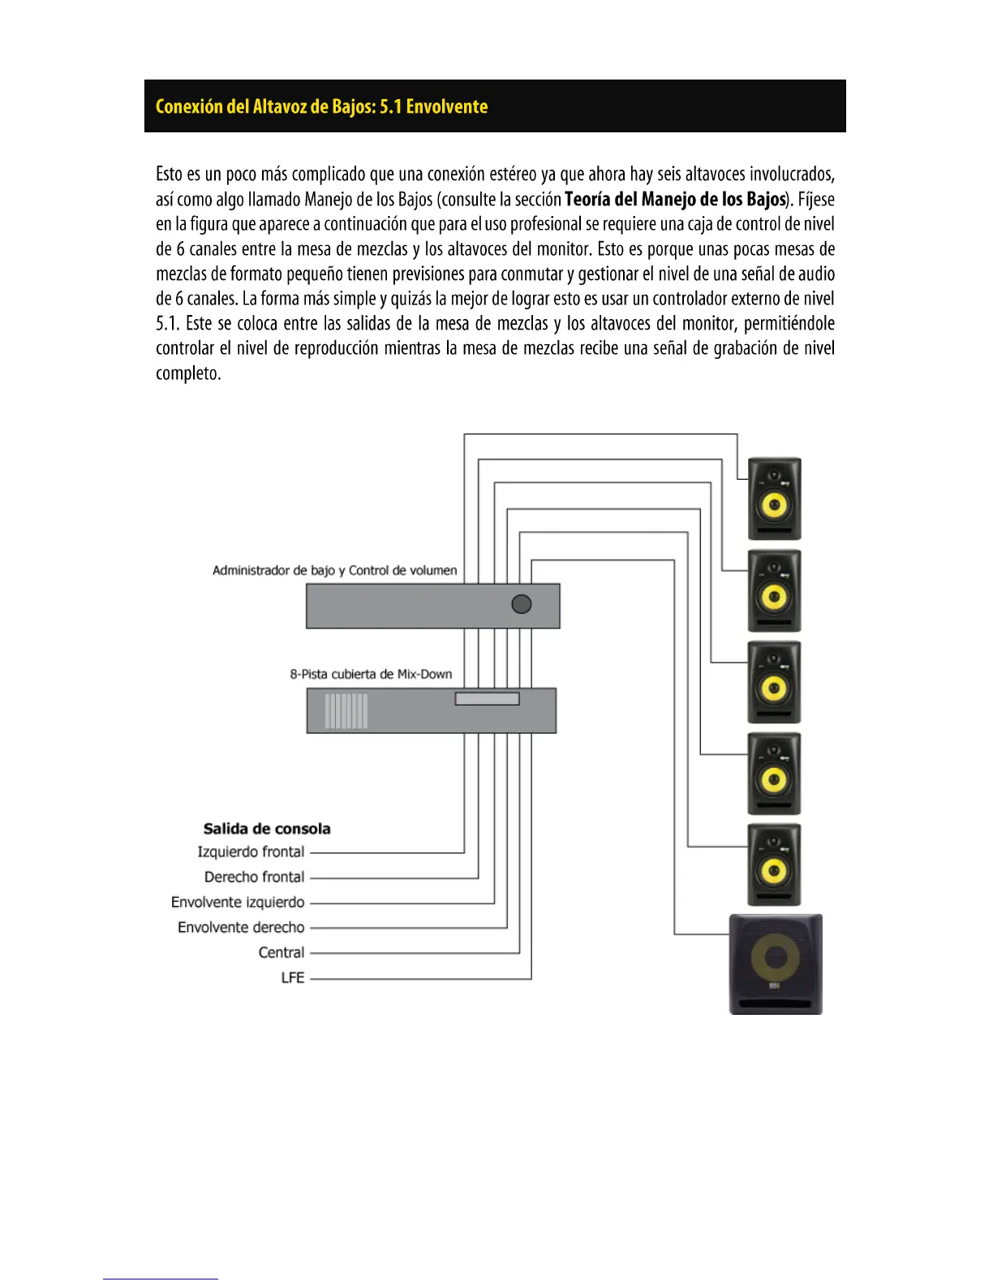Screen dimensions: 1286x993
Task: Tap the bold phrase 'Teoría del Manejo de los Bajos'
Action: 675,199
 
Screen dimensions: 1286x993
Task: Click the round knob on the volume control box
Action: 522,604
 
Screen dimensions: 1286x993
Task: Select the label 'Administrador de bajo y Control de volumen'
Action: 334,570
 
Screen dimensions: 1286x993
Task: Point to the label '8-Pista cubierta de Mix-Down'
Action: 371,674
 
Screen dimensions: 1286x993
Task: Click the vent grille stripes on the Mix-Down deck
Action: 346,711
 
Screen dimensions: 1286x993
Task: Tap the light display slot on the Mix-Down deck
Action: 487,698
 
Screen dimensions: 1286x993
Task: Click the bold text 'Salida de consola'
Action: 267,829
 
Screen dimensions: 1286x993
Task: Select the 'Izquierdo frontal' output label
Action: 251,852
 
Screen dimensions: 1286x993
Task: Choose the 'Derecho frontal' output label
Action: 254,877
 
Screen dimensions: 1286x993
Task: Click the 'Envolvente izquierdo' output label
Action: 238,902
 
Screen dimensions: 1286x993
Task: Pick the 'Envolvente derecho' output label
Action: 241,927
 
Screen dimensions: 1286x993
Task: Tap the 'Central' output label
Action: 281,952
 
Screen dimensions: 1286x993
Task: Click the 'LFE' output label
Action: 292,977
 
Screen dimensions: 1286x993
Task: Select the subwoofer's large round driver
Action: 776,959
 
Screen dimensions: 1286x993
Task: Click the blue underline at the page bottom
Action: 160,1279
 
